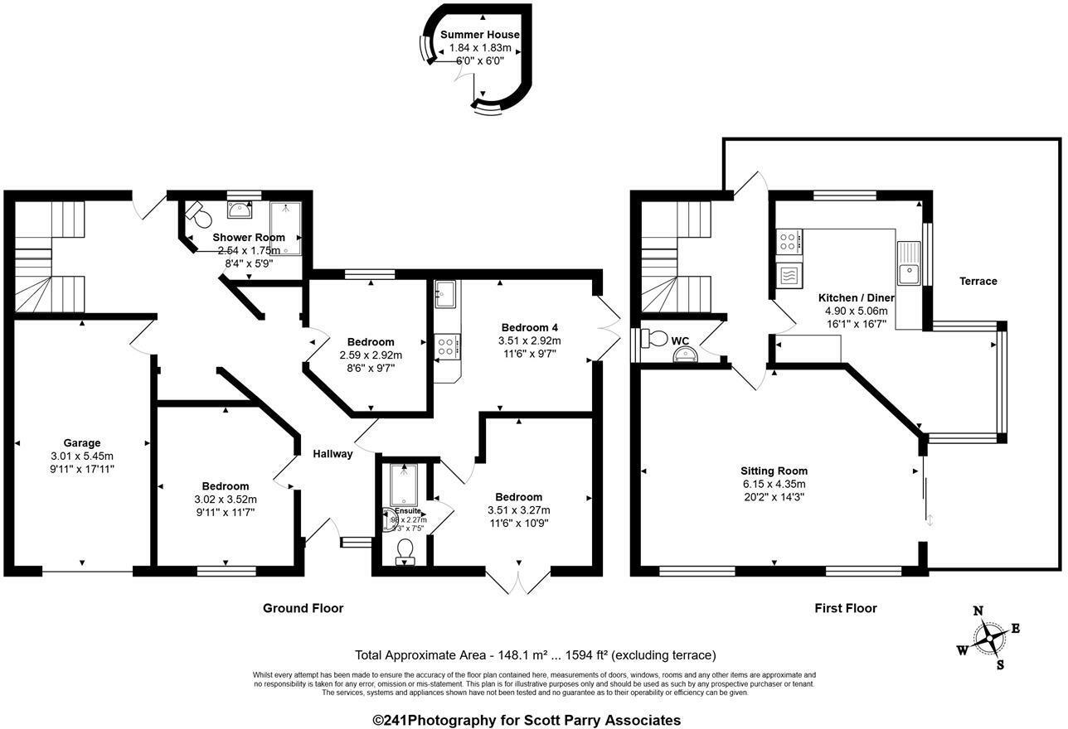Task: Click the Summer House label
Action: coord(479,35)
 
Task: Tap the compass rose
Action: coord(988,639)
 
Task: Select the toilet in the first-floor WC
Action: coord(658,338)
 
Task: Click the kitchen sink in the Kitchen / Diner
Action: coord(909,263)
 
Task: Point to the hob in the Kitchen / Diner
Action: coord(788,242)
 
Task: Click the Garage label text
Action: coord(81,442)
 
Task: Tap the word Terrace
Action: coord(978,281)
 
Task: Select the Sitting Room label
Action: coord(774,471)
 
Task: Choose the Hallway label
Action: coord(333,453)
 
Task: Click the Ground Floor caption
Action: coord(303,608)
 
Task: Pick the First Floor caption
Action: coord(845,608)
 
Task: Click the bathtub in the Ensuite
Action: coord(403,485)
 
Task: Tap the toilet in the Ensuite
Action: coord(405,551)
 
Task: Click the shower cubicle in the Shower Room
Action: coord(286,226)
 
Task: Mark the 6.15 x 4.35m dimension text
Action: coord(773,484)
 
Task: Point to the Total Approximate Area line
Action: coord(535,654)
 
